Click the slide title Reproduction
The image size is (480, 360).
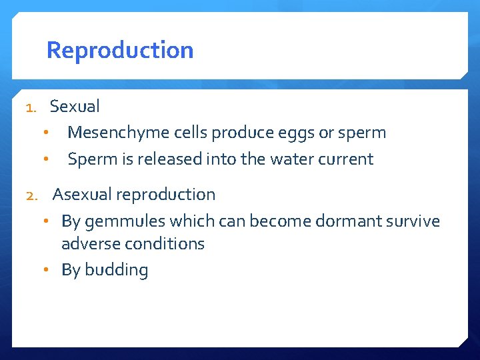pos(120,51)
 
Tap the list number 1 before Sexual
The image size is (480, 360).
pos(30,107)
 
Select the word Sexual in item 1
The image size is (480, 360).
pos(75,106)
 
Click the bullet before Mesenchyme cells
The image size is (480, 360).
pos(46,133)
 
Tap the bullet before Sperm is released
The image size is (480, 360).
pos(46,159)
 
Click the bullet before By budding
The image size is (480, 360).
pos(54,270)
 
